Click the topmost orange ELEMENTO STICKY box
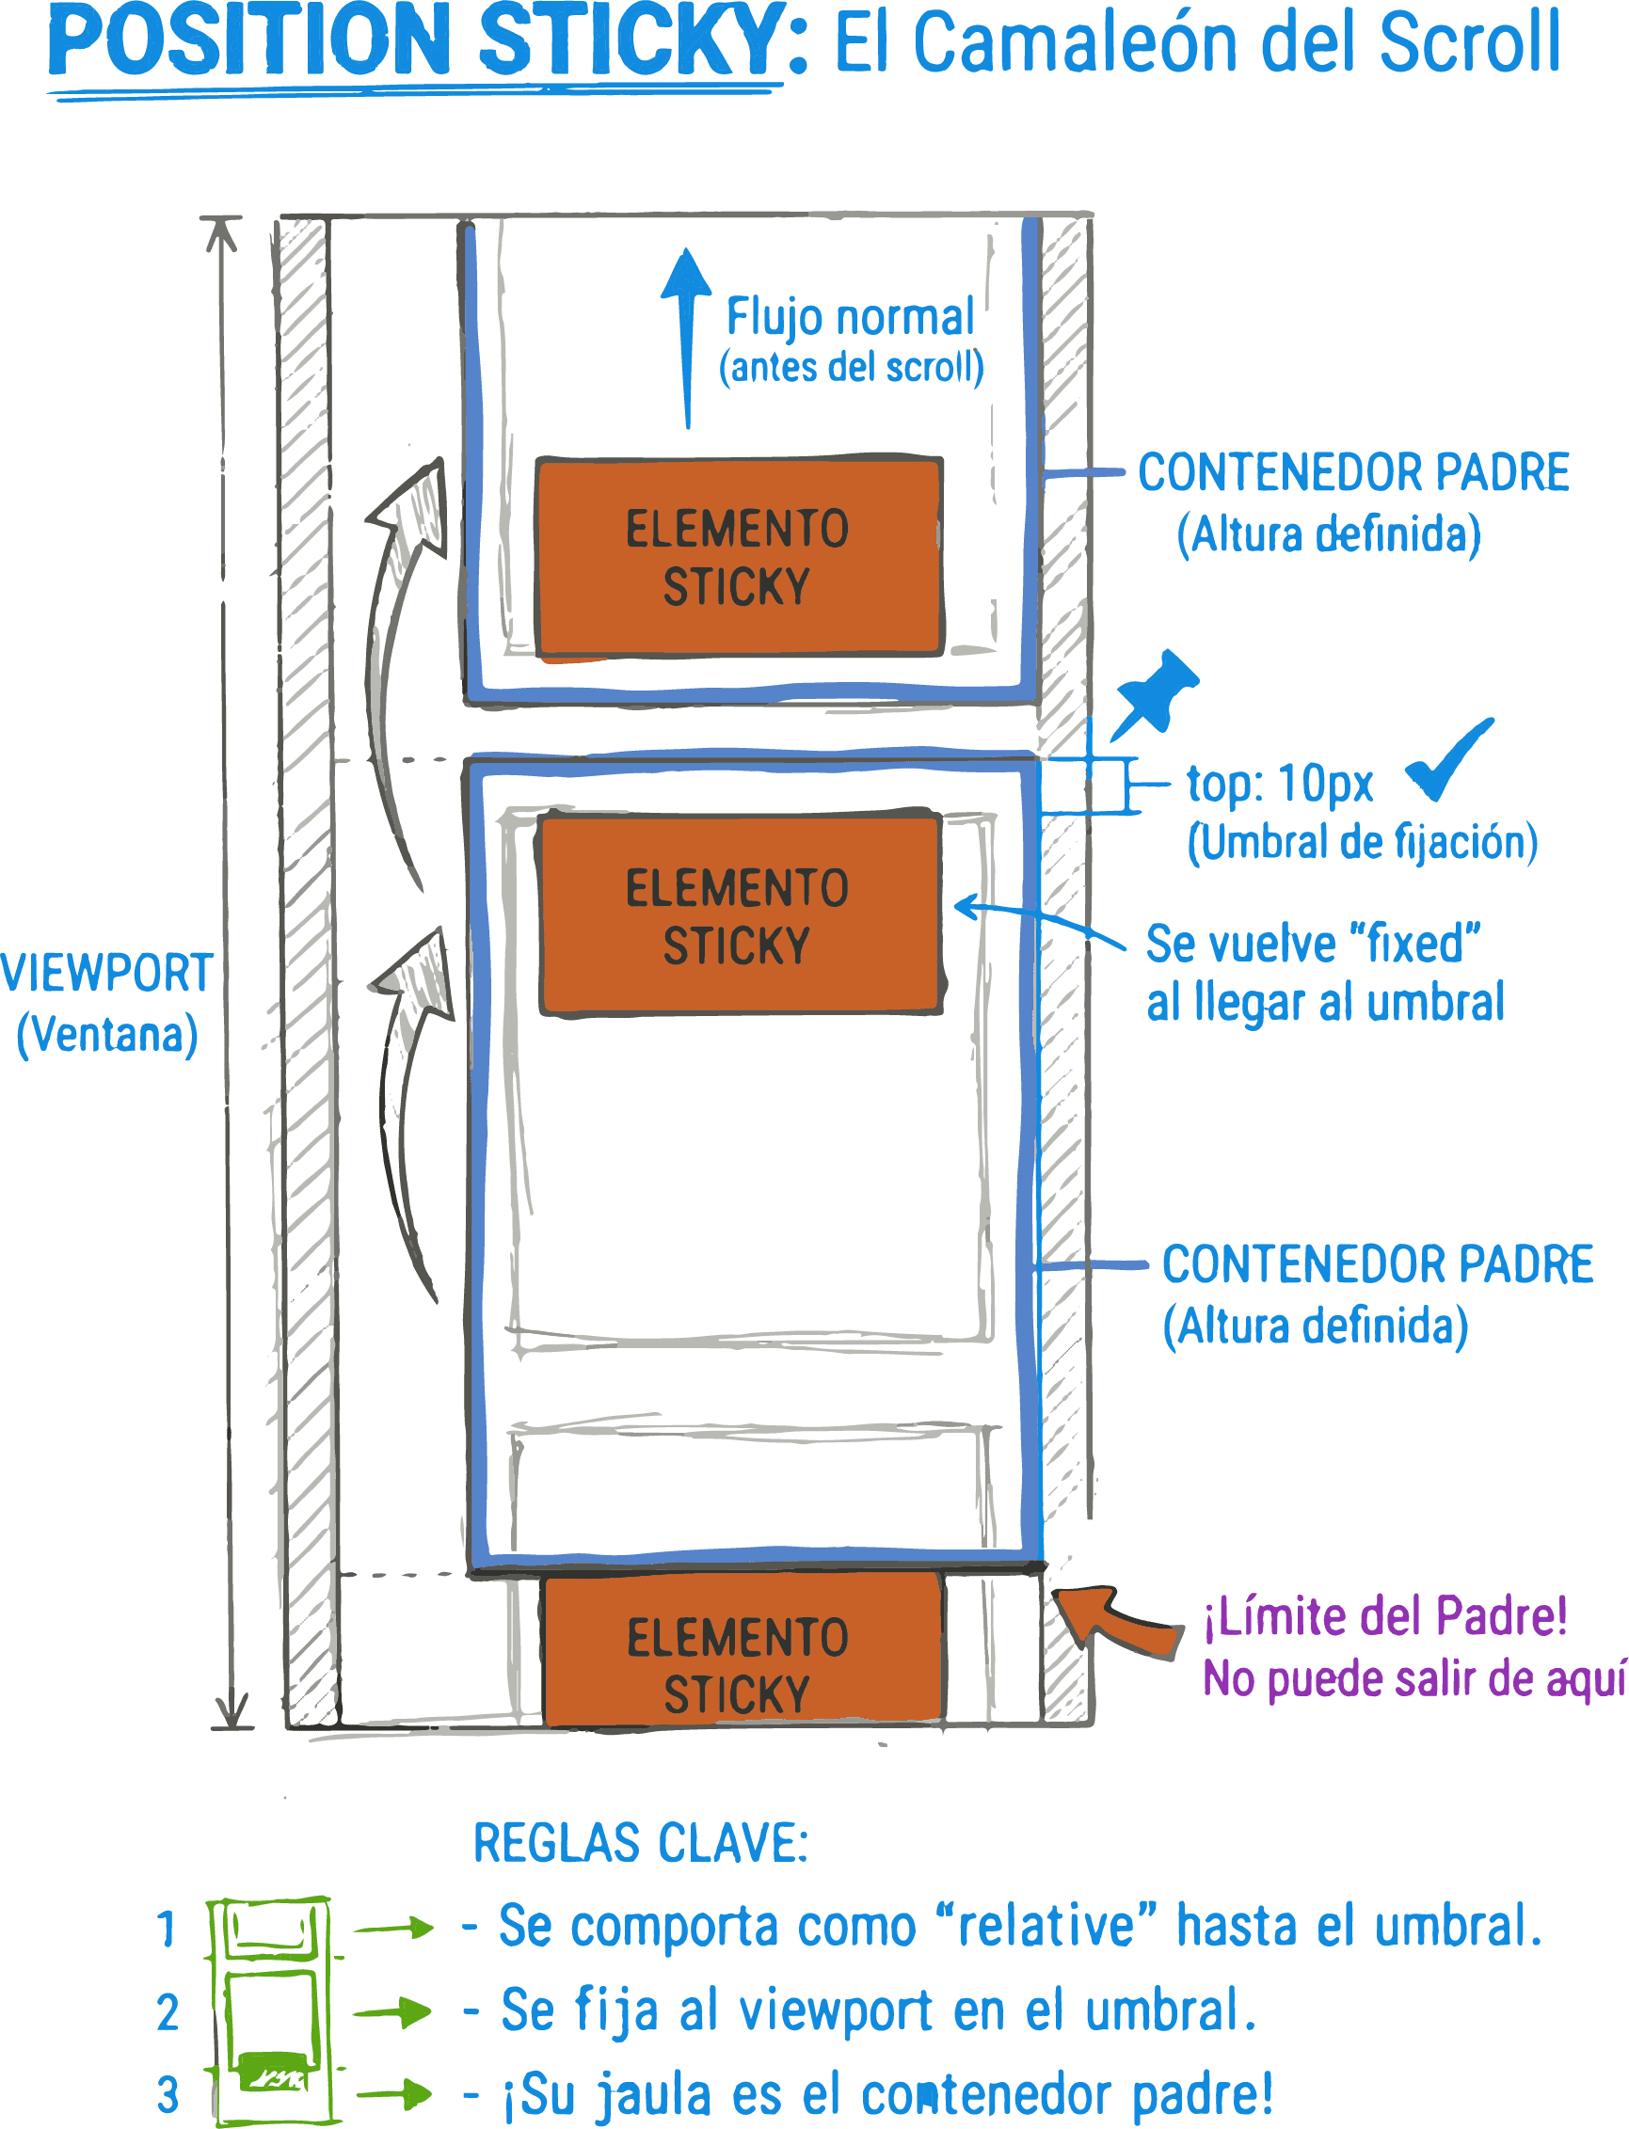(738, 557)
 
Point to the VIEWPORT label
(106, 973)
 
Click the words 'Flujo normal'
(850, 317)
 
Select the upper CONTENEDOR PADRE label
(1352, 473)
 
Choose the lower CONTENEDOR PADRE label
(1377, 1264)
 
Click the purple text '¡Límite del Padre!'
(1384, 1617)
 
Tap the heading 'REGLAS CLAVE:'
(640, 1843)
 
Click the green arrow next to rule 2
(392, 2012)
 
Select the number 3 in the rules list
(168, 2094)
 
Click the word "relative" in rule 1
(1046, 1927)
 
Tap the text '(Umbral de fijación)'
(1363, 841)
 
